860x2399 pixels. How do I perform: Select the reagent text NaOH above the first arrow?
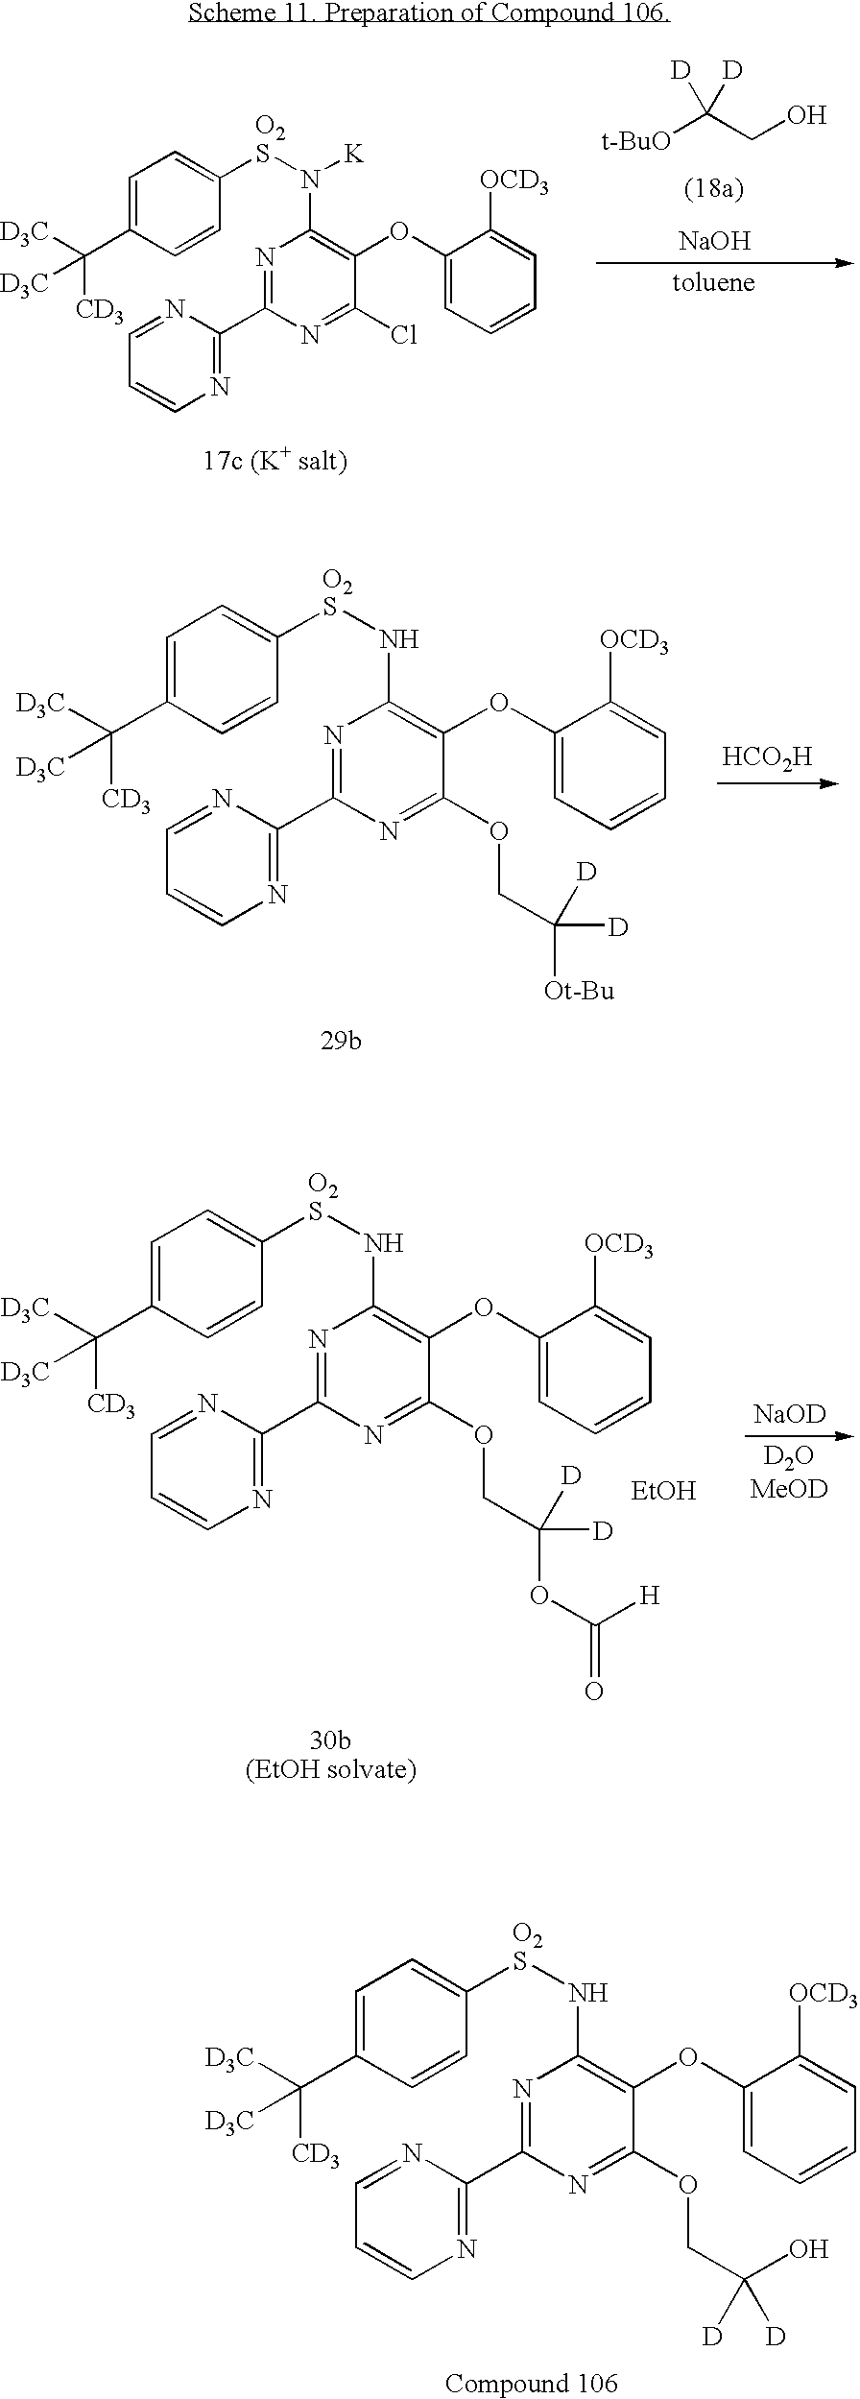point(714,240)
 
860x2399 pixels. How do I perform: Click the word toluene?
point(713,282)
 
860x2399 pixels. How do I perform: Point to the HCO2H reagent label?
point(767,756)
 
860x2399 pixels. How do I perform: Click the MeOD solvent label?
point(790,1491)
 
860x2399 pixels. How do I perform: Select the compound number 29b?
point(341,1041)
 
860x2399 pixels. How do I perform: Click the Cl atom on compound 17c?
point(403,335)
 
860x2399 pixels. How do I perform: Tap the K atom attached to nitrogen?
point(355,154)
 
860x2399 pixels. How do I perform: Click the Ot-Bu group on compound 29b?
point(579,990)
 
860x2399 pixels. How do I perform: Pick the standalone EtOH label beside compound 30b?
point(663,1491)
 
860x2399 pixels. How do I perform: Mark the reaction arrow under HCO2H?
point(777,784)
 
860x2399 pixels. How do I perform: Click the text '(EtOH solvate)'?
point(331,1768)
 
